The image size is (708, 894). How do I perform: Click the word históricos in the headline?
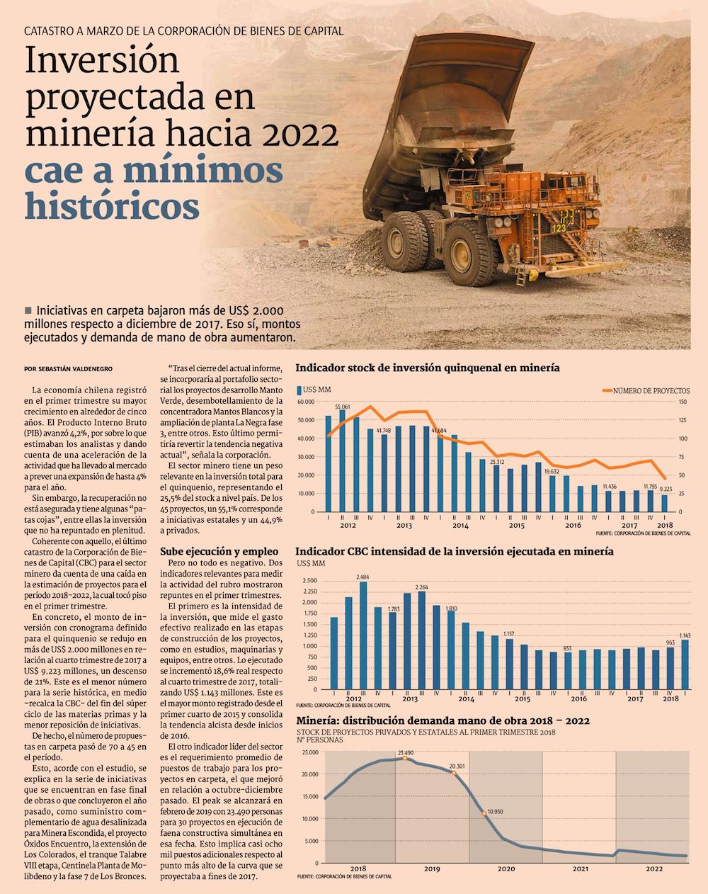(112, 206)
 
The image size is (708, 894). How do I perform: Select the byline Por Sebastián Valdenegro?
(68, 369)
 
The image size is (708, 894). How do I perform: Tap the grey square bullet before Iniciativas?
(28, 310)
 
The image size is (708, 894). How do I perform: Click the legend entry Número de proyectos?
(651, 390)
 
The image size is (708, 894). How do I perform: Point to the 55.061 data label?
(343, 407)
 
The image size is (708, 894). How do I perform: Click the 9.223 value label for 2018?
(666, 489)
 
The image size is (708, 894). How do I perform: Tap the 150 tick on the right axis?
(683, 402)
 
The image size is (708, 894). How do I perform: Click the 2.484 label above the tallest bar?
(363, 577)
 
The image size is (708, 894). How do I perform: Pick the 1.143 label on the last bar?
(684, 635)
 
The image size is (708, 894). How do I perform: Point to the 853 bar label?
(567, 648)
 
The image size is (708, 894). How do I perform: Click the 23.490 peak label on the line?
(406, 753)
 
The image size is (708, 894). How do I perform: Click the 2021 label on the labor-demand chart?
(580, 868)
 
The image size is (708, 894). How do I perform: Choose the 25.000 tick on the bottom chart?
(309, 752)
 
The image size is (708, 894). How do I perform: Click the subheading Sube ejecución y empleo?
(219, 550)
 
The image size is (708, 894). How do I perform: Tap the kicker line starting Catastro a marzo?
(183, 31)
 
